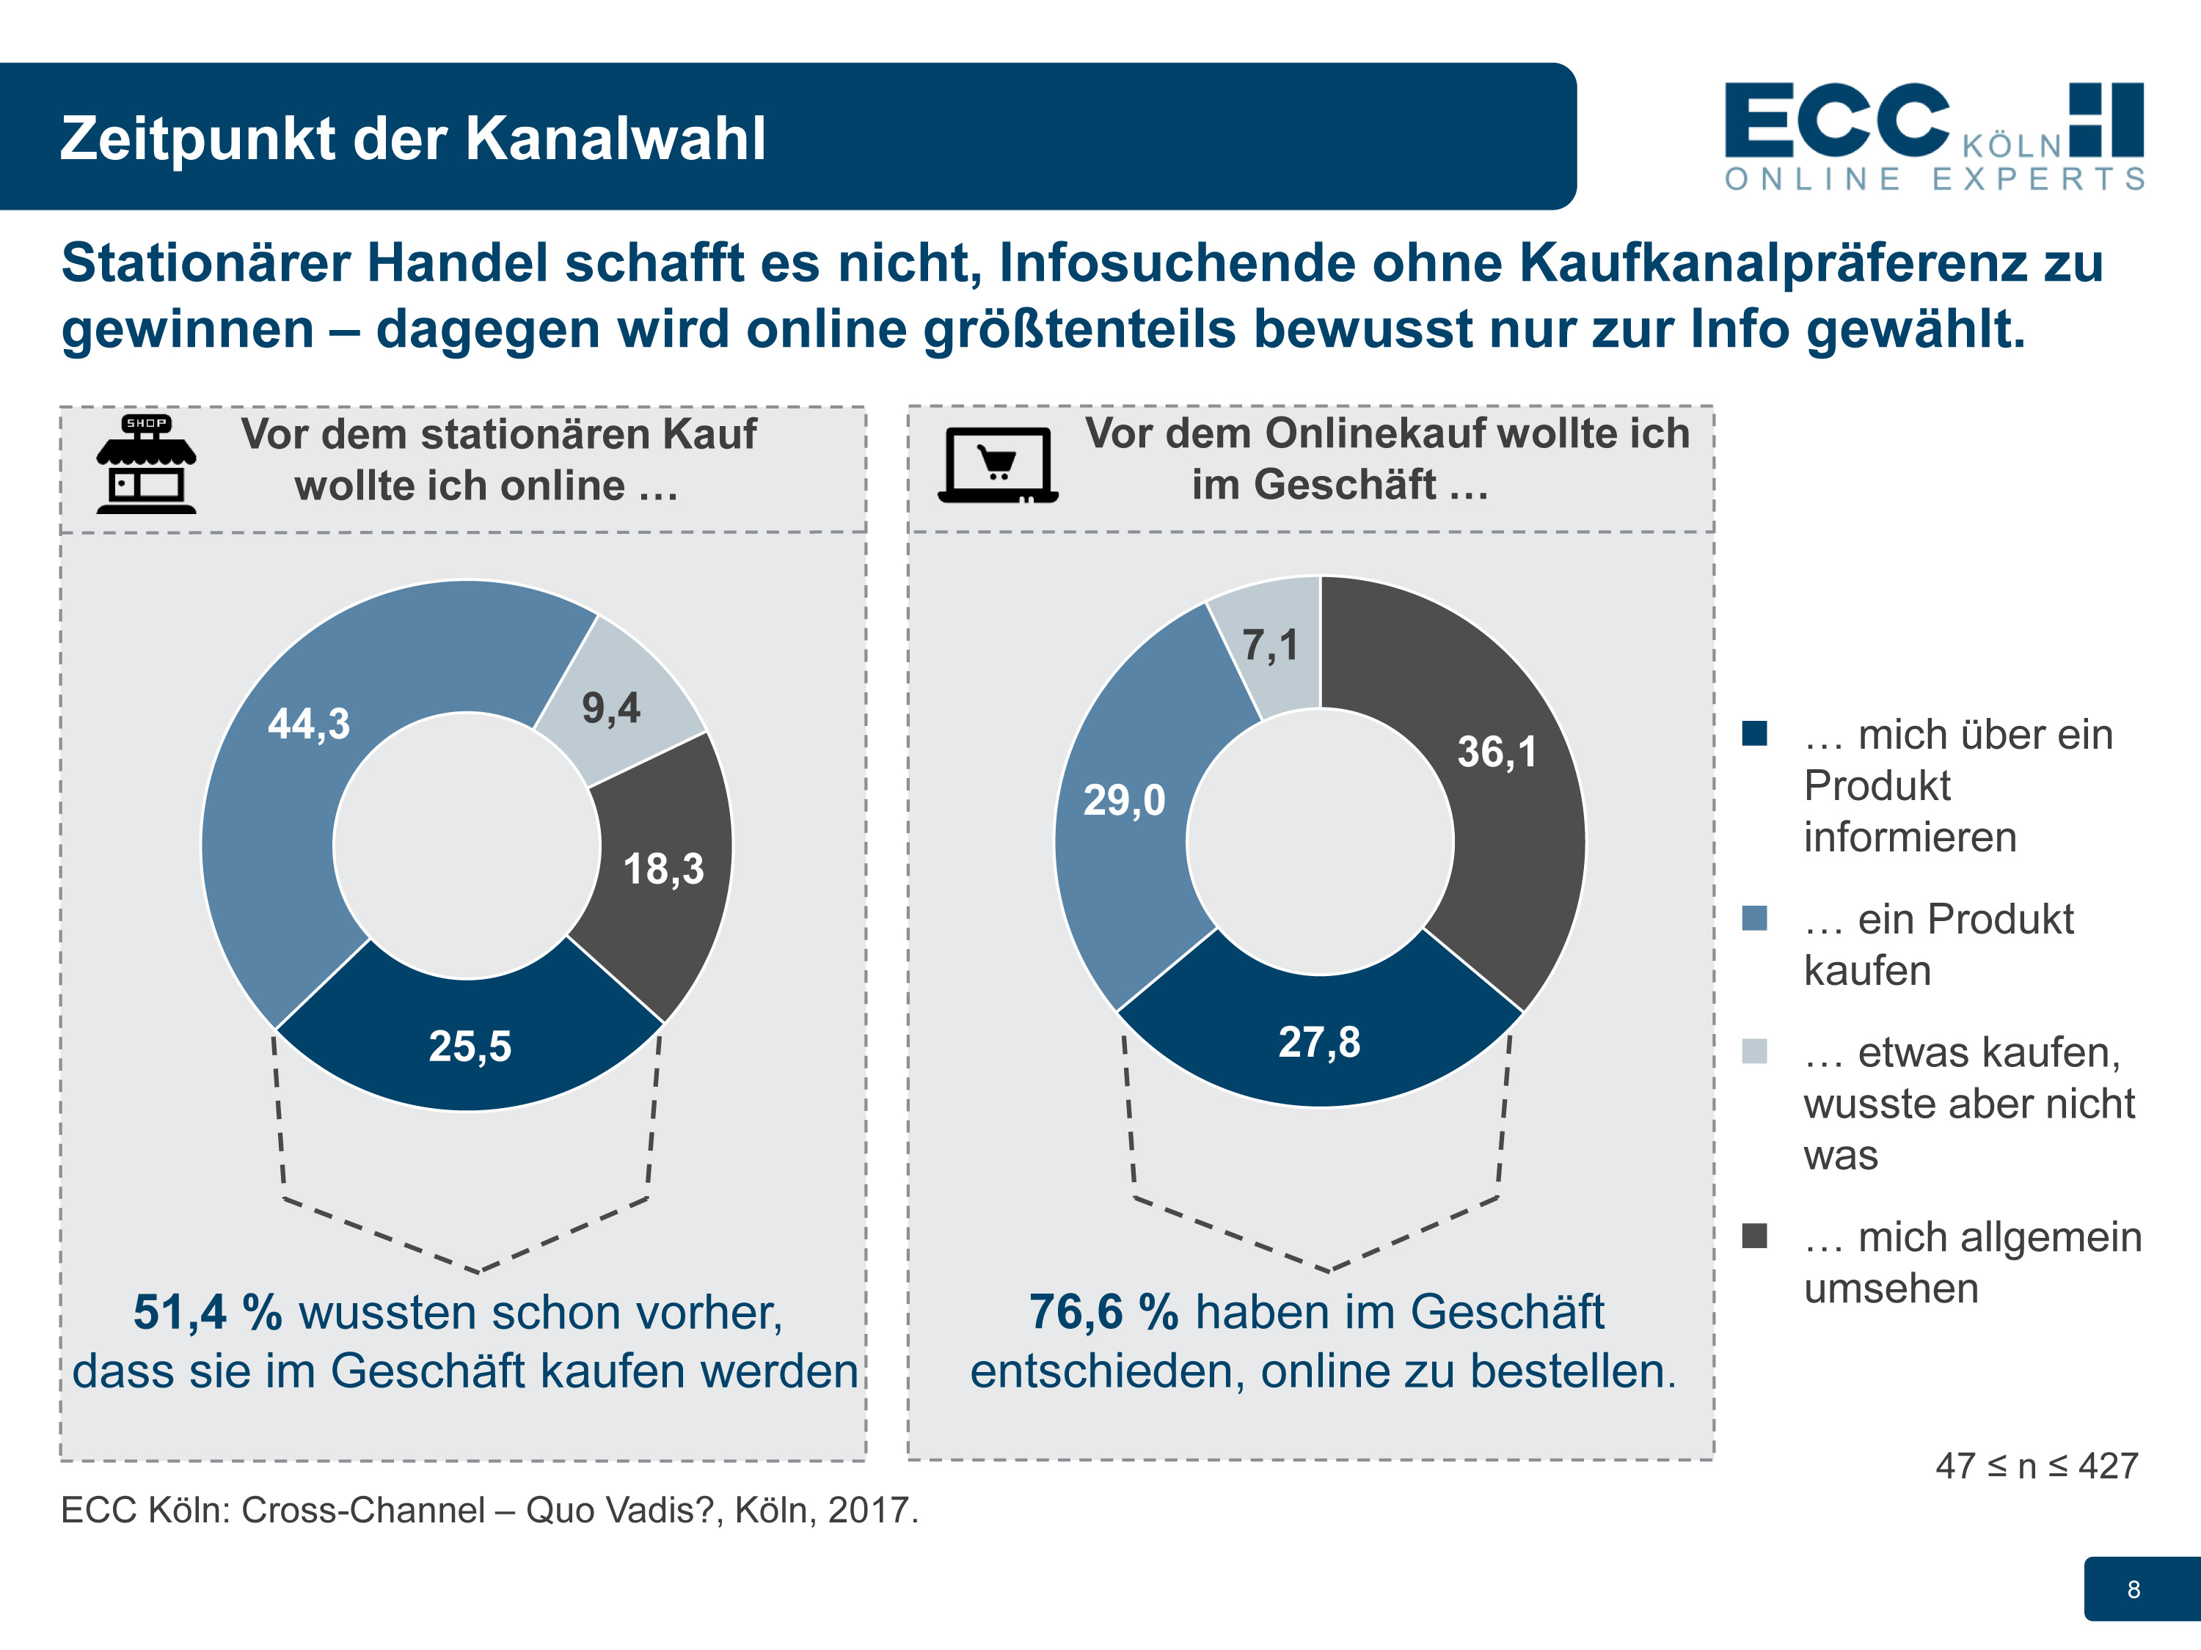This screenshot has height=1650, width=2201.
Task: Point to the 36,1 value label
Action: point(1497,752)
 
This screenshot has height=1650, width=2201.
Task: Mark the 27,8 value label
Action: point(1319,1042)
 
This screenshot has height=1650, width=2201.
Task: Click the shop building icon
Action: point(146,464)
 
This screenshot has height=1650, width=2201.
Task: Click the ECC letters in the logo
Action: point(1836,121)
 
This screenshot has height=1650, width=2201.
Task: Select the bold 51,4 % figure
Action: point(208,1312)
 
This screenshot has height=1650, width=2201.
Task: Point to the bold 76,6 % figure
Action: point(1103,1312)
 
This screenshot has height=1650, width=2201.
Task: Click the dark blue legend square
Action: point(1754,733)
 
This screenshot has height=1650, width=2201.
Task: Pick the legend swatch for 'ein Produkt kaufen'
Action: point(1754,918)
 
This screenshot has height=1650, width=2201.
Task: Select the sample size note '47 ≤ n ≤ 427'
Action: point(2036,1466)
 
